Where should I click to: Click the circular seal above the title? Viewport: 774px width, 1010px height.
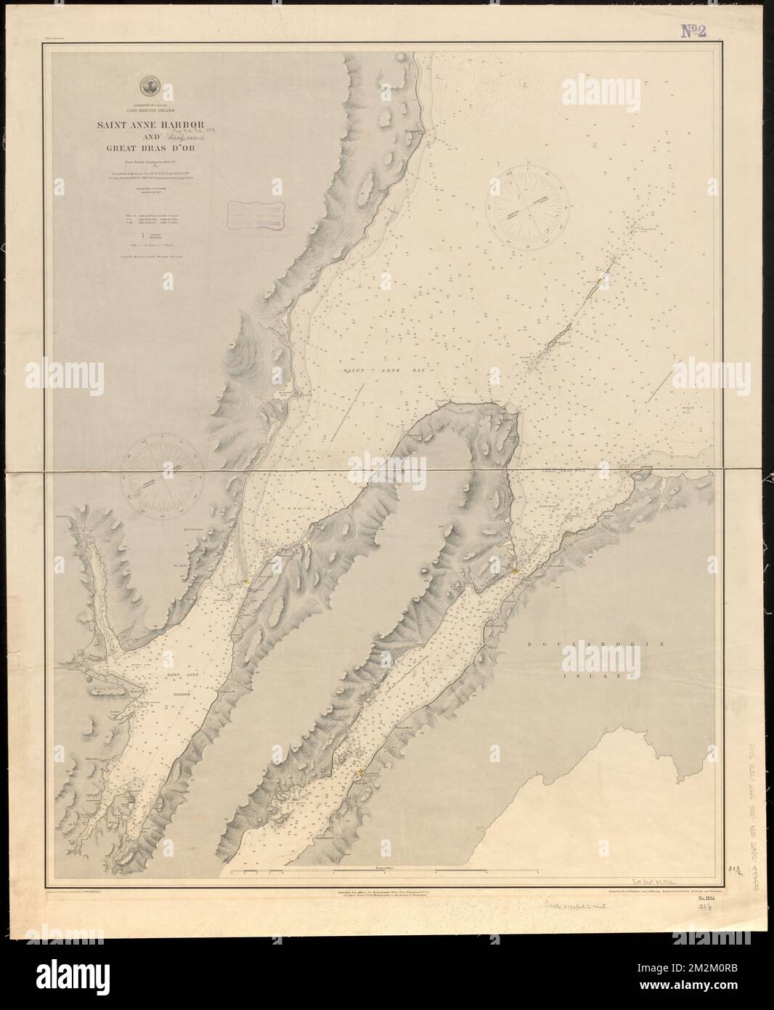point(150,85)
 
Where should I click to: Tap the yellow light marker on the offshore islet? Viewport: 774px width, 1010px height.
point(597,280)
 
